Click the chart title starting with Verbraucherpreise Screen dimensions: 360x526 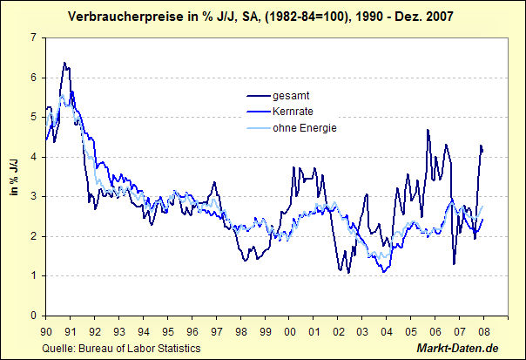click(263, 17)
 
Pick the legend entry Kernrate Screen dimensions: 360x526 click(293, 112)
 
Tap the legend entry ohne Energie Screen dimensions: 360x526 click(305, 128)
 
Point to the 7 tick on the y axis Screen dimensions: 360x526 click(32, 37)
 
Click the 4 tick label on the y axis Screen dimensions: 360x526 click(32, 157)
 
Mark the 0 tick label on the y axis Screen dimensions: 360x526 click(32, 316)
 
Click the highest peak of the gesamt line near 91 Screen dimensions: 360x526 click(64, 63)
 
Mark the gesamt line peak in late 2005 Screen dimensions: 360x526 click(428, 130)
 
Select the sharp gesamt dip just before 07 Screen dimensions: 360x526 click(454, 263)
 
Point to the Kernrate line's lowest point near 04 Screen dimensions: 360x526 click(384, 272)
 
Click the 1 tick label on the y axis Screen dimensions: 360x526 click(32, 276)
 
